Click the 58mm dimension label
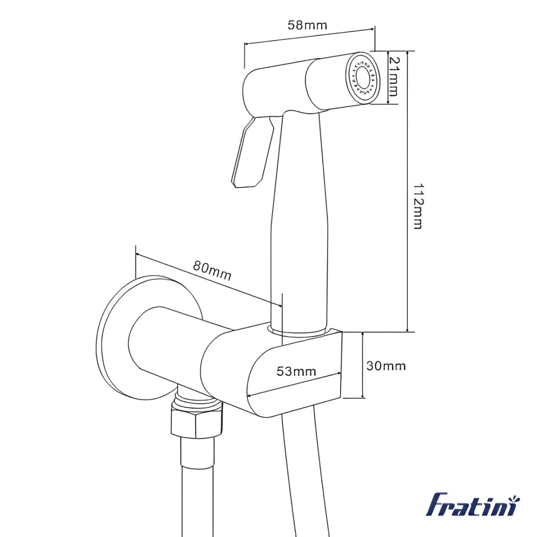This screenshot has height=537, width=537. [x=307, y=25]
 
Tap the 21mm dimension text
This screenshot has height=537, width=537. [x=394, y=77]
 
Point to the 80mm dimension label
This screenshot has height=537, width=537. [x=212, y=270]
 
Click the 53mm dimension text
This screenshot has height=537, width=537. [x=296, y=371]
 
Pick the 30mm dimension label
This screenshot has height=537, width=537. [x=386, y=366]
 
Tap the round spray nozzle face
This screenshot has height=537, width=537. [x=362, y=79]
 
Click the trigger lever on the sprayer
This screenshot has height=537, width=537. [x=253, y=153]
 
